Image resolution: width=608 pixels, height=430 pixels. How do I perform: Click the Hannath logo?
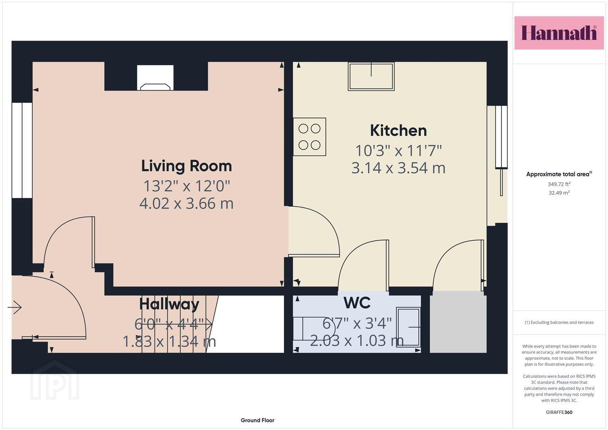559,33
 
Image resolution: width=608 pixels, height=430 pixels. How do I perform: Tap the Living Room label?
186,166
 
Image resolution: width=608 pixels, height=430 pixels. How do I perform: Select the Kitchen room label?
399,131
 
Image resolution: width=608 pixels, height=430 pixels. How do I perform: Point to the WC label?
357,303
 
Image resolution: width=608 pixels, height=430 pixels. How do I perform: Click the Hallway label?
169,304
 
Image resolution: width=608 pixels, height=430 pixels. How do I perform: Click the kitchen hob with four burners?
309,137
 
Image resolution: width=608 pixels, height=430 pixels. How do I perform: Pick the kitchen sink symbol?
371,76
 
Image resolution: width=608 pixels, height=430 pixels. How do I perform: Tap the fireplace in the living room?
155,78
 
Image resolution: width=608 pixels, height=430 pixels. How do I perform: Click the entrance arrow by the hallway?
15,307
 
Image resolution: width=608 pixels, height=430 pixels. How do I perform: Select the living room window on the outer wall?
22,150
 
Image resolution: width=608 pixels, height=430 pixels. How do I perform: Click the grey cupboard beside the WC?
458,322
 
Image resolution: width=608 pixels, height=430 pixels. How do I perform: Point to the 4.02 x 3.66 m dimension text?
186,203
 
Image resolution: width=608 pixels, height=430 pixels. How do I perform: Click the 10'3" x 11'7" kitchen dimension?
399,150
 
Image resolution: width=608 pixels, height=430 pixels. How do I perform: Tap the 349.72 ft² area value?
559,184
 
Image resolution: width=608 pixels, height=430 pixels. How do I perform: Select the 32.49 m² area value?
559,193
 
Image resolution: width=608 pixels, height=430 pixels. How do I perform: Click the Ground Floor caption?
258,420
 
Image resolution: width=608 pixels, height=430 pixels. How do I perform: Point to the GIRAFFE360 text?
559,412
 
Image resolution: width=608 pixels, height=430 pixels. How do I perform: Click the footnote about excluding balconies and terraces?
559,322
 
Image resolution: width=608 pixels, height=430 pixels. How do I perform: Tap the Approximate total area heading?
559,174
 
